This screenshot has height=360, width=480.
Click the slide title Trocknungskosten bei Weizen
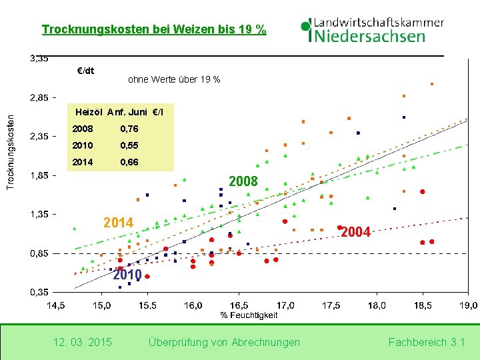[153, 30]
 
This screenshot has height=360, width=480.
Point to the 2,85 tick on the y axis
[39, 98]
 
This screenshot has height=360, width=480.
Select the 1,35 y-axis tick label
[39, 215]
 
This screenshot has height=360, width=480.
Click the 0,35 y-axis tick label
[39, 293]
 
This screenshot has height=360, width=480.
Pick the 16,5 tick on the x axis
[239, 305]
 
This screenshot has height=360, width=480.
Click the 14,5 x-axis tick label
[55, 305]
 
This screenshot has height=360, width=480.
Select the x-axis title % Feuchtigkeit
[249, 315]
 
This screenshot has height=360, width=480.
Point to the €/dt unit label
[86, 71]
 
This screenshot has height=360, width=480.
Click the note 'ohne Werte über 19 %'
[173, 80]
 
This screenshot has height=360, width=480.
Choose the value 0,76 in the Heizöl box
[129, 129]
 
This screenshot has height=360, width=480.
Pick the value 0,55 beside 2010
[129, 145]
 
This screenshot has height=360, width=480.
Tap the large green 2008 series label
[243, 181]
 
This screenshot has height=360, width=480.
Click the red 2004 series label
[355, 232]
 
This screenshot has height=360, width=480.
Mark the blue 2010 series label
[127, 275]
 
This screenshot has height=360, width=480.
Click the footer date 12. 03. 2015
[82, 342]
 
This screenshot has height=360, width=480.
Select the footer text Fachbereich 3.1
[426, 342]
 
